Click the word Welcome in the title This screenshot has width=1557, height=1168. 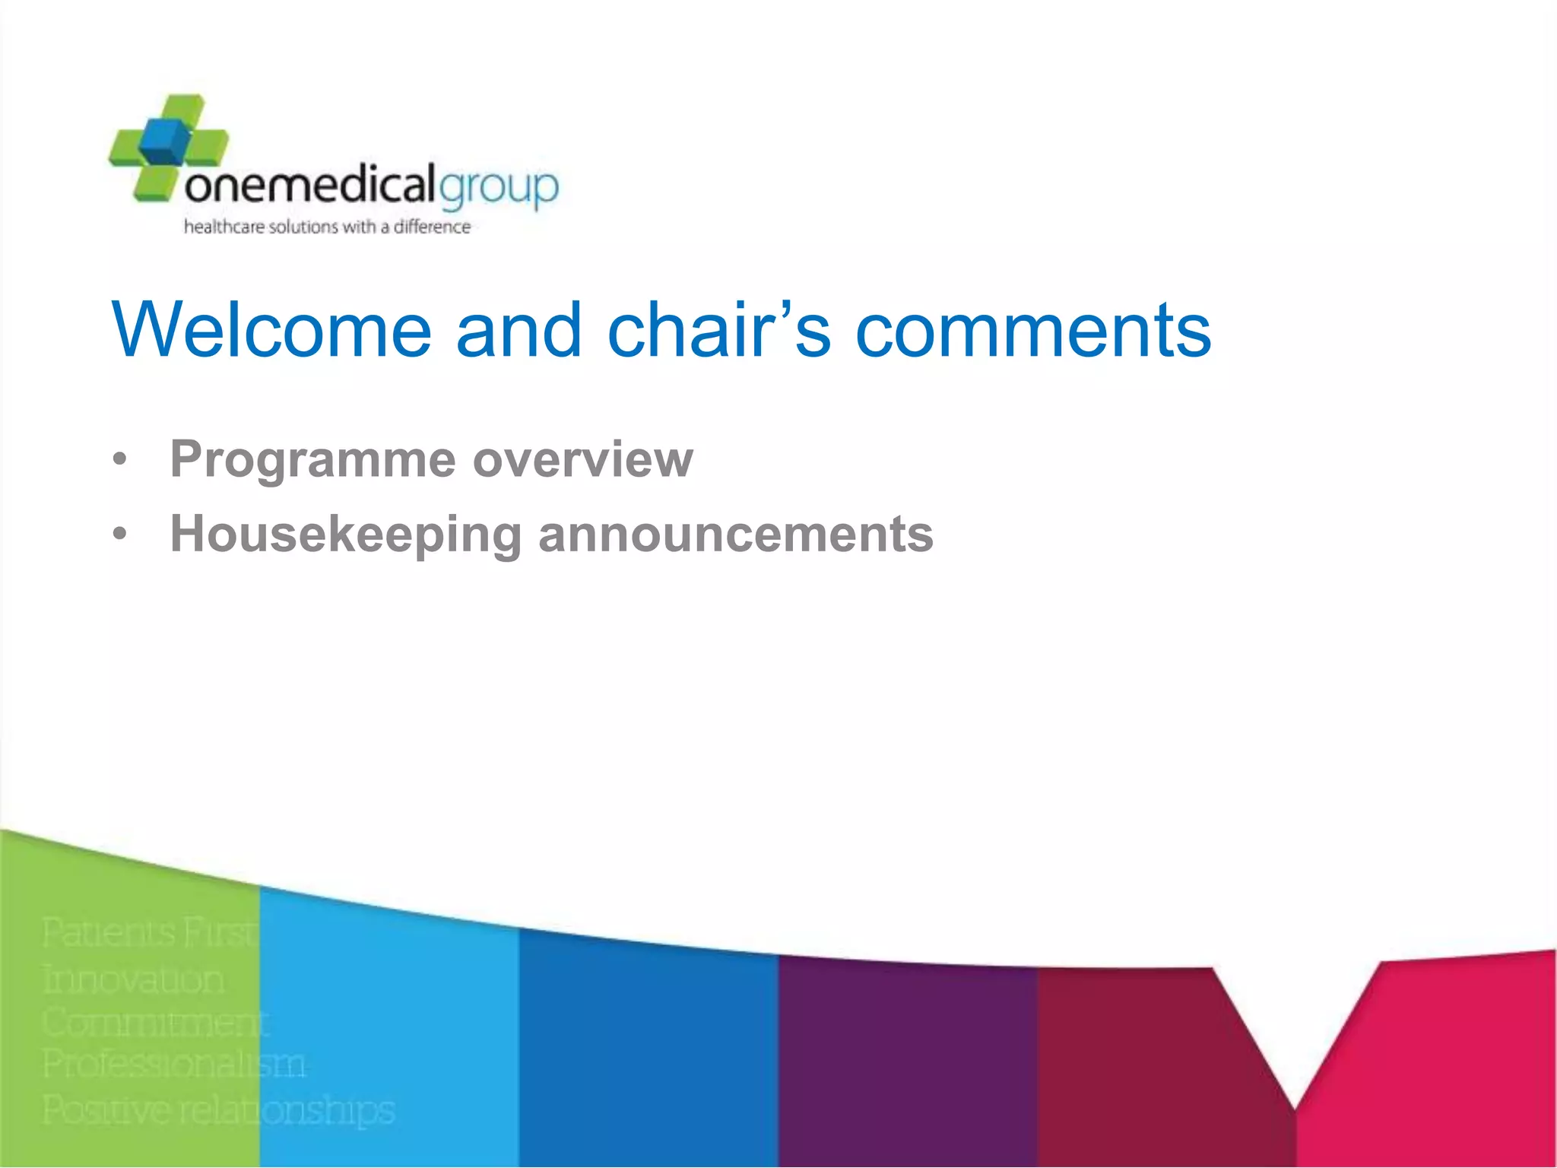click(x=271, y=329)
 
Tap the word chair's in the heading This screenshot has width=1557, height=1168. click(x=718, y=329)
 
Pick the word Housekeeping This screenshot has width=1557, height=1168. click(x=345, y=535)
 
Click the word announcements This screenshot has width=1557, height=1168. click(x=736, y=535)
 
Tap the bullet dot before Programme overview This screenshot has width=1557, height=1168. click(x=119, y=460)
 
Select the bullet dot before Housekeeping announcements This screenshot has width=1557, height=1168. click(x=119, y=535)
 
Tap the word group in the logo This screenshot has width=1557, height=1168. click(x=499, y=187)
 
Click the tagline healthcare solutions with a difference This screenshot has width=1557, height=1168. click(x=327, y=227)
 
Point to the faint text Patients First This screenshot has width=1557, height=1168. click(x=149, y=933)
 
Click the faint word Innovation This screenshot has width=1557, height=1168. click(x=134, y=979)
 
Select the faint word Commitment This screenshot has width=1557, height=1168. click(x=155, y=1022)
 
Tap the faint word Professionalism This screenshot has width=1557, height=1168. click(x=174, y=1064)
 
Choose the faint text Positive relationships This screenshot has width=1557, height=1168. click(x=219, y=1109)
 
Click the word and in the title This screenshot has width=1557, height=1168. click(x=518, y=329)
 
